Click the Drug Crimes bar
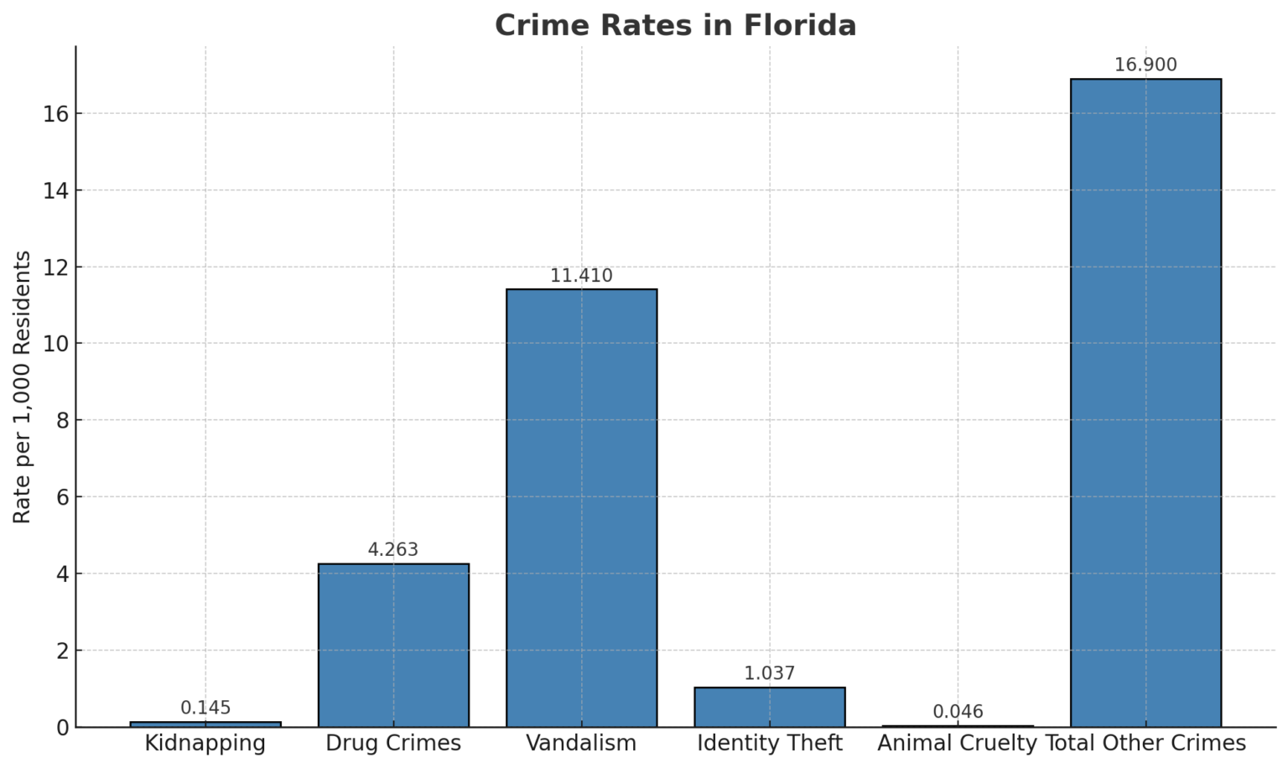point(393,645)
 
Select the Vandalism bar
point(581,507)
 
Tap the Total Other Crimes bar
point(1145,402)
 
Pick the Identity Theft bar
point(769,707)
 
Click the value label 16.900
point(1145,65)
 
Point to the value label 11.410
point(581,275)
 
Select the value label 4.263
point(393,550)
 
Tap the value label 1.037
point(769,673)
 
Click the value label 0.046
point(958,712)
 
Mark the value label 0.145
point(205,708)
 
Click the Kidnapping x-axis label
point(205,743)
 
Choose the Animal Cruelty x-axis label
point(957,743)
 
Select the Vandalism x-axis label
point(581,743)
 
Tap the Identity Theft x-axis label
point(769,743)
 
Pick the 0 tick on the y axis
point(62,728)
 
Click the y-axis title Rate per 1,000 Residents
point(23,387)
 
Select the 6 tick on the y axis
point(62,497)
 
